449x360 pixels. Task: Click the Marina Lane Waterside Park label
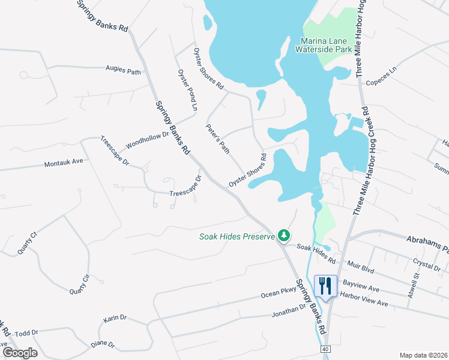point(326,45)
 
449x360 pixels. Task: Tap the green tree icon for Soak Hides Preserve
point(284,236)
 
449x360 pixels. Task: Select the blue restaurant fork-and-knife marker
point(325,286)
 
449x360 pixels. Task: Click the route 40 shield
point(325,349)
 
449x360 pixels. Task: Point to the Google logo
point(20,353)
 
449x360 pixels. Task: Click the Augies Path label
point(123,70)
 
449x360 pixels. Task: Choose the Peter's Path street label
point(217,139)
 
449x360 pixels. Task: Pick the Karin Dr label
point(115,318)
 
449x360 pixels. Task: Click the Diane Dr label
point(103,344)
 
